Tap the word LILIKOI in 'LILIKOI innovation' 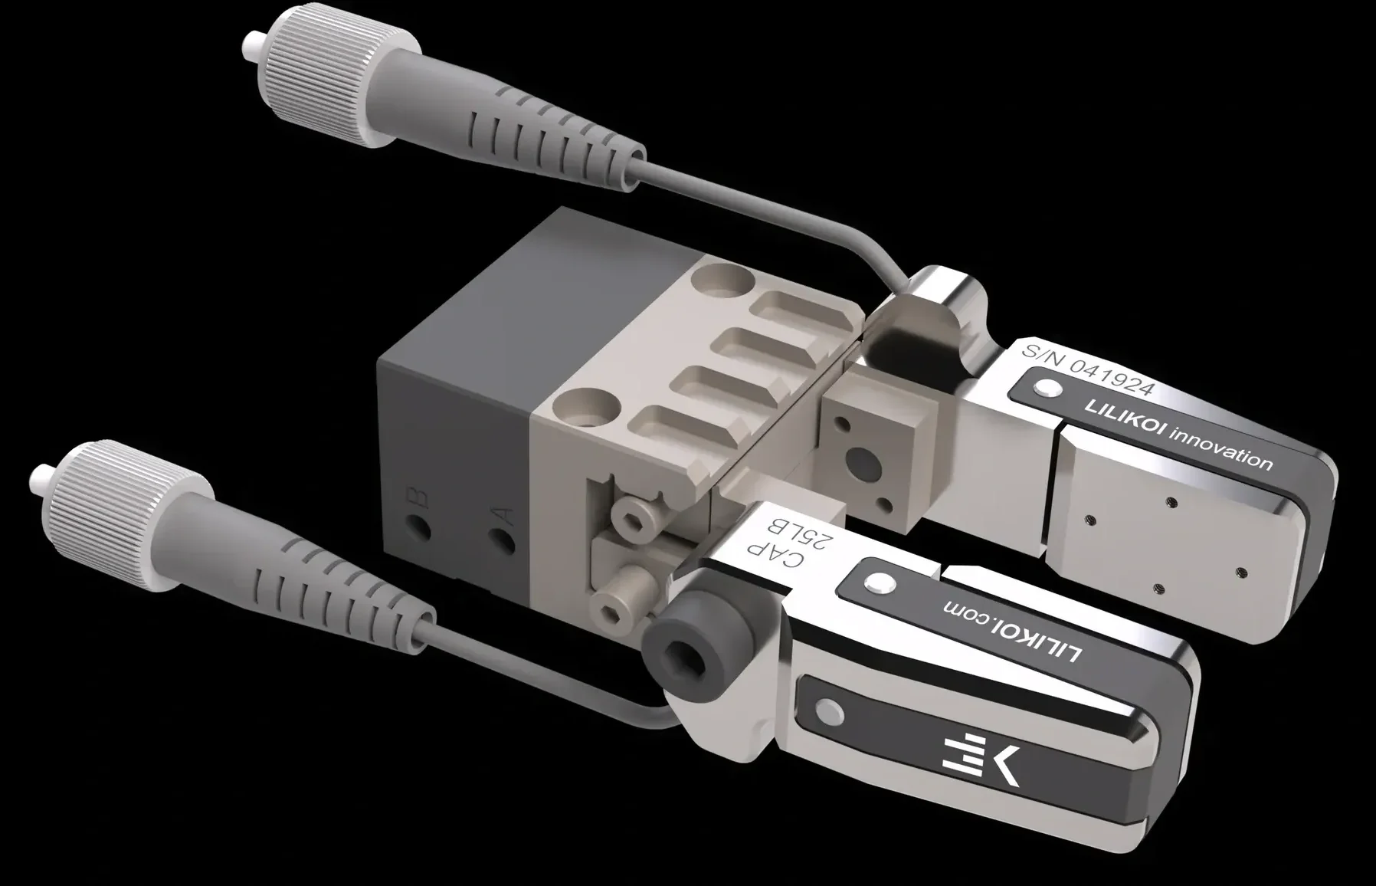tap(1124, 419)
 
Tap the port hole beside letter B tap(418, 527)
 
